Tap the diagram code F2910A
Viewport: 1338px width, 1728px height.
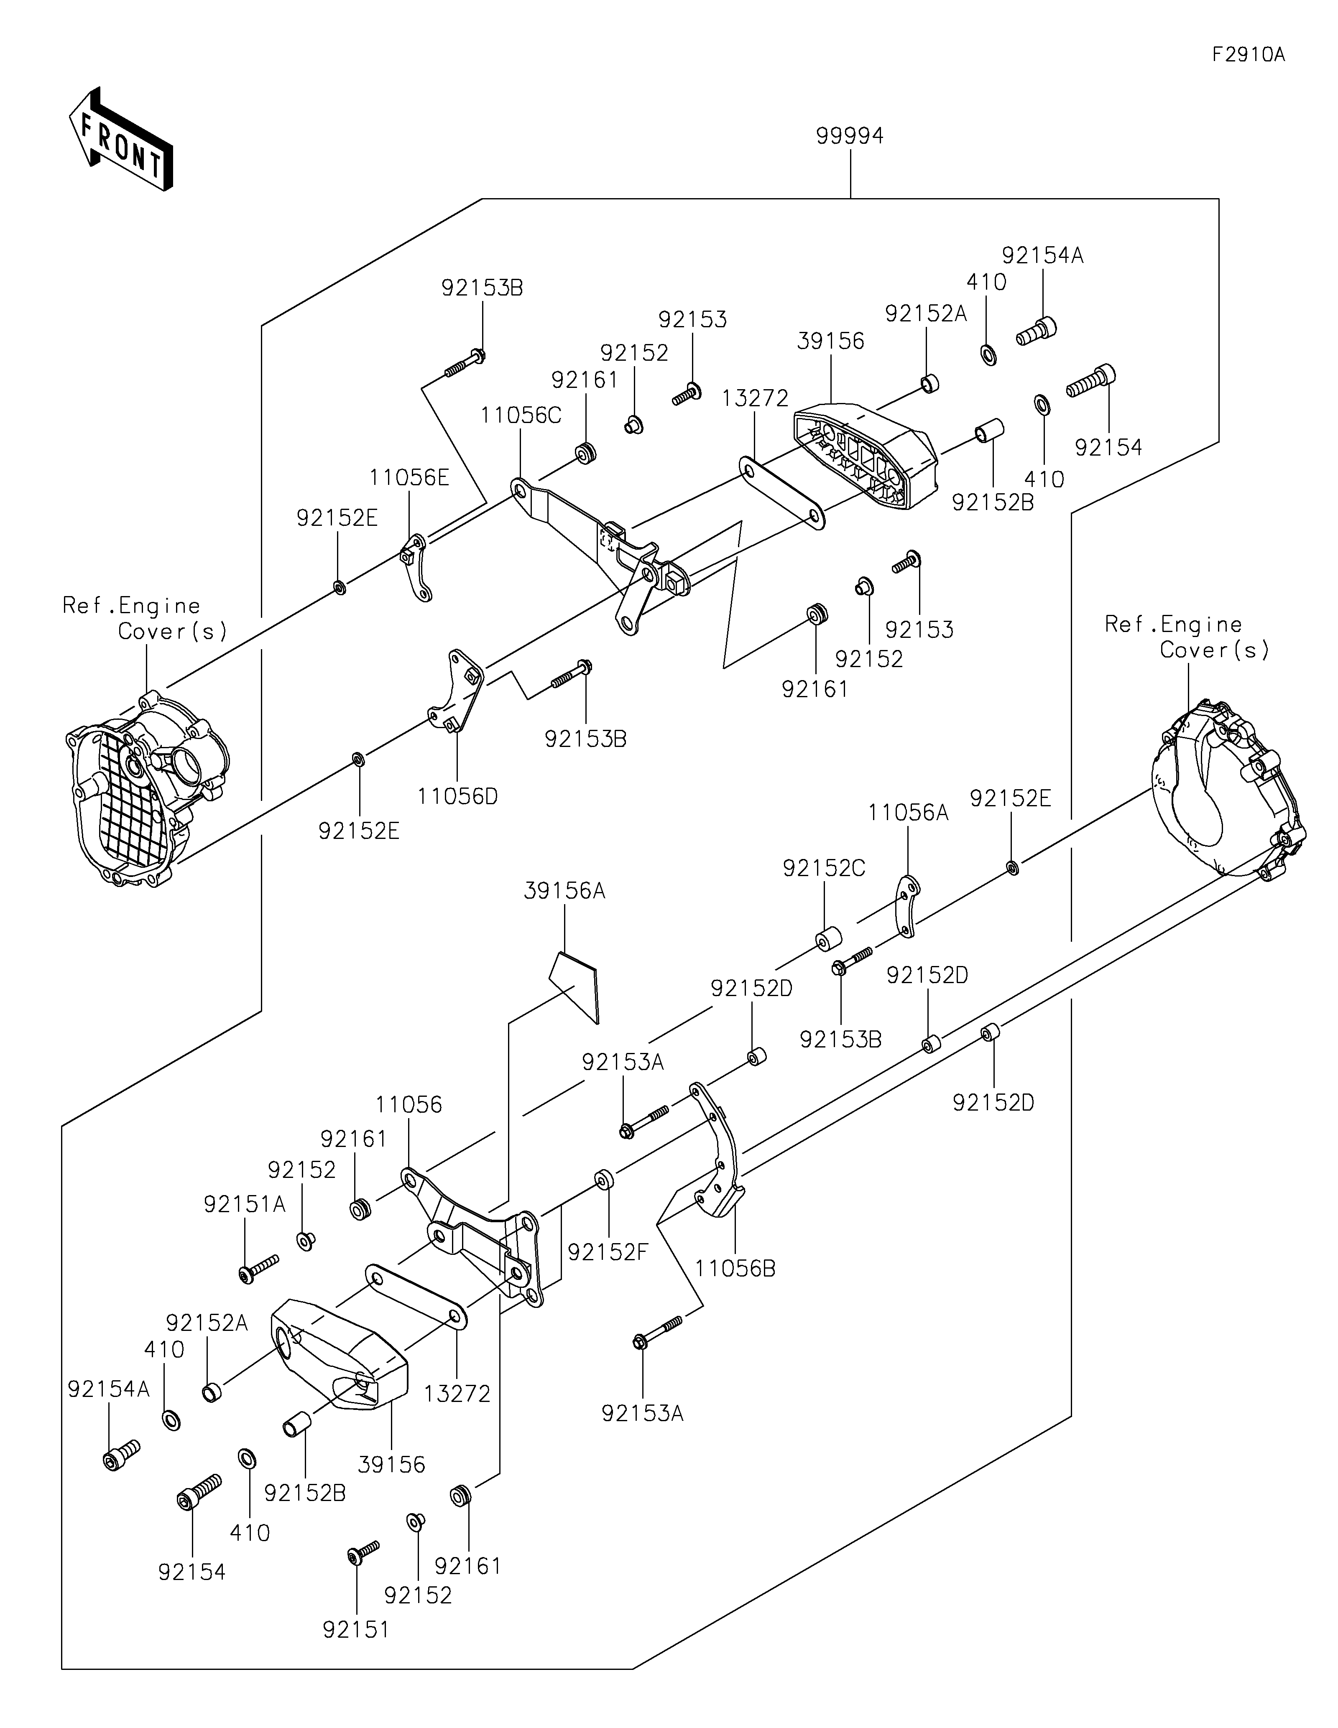click(x=1248, y=55)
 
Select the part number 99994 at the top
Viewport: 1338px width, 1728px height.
click(x=849, y=136)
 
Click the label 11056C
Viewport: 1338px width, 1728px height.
click(x=521, y=415)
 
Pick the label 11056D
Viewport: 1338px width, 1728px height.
click(x=457, y=796)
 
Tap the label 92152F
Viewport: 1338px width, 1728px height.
click(x=608, y=1251)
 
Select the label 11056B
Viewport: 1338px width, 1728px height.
click(x=735, y=1268)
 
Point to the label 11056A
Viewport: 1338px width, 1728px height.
click(x=908, y=813)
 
